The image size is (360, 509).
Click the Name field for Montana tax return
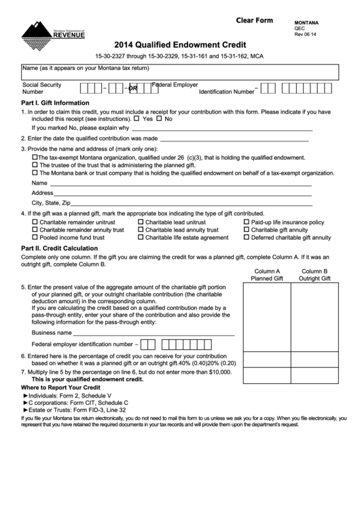(x=179, y=72)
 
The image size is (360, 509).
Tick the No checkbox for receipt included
(x=160, y=119)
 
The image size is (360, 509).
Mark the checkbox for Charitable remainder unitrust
(x=35, y=222)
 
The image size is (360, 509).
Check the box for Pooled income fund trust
(x=35, y=238)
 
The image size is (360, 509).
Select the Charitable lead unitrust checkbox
(x=141, y=222)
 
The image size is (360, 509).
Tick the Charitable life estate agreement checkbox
(x=141, y=238)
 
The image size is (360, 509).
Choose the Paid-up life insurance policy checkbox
(x=247, y=222)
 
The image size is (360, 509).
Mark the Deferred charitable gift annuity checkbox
(x=247, y=238)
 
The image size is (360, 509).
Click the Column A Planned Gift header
(x=266, y=275)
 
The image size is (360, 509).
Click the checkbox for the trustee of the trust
(x=35, y=164)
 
